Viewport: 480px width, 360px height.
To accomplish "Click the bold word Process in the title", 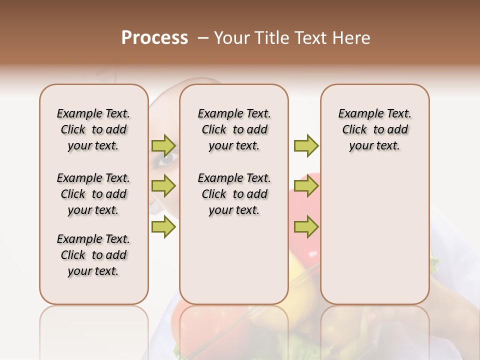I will (x=154, y=38).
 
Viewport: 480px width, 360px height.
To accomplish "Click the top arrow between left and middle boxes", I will (x=163, y=146).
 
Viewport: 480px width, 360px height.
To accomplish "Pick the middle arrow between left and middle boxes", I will (x=163, y=186).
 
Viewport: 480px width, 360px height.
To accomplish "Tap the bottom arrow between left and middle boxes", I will (x=163, y=227).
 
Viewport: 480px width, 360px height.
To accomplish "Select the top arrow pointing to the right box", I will (x=306, y=146).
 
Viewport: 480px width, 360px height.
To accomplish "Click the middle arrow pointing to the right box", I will (x=306, y=186).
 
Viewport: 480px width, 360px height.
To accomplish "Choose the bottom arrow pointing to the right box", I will (x=306, y=227).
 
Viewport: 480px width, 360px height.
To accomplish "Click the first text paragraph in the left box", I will (x=93, y=129).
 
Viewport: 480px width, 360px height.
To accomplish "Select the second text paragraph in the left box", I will (x=93, y=194).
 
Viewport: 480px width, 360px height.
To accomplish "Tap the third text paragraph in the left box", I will (x=93, y=255).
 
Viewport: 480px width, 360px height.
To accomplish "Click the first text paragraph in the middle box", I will (x=234, y=129).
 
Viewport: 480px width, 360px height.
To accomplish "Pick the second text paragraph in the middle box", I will (x=234, y=194).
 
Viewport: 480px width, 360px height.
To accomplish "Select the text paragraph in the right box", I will (x=374, y=129).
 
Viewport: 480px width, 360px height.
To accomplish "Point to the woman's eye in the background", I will (x=165, y=159).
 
